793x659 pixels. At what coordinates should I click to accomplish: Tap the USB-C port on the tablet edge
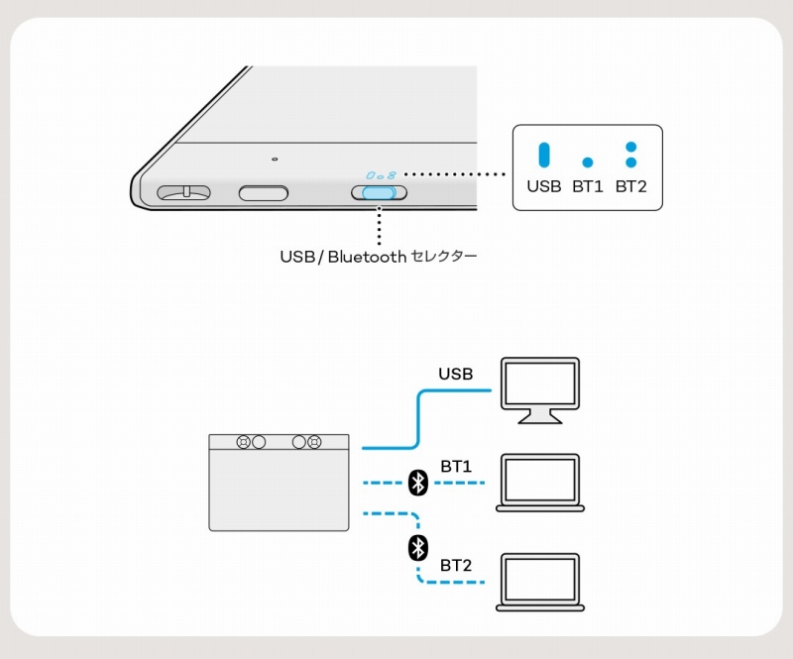(264, 191)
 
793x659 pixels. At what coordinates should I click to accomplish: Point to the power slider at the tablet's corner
(184, 190)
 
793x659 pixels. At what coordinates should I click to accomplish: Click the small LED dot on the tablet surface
(275, 159)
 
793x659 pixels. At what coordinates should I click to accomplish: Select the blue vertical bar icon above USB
(543, 156)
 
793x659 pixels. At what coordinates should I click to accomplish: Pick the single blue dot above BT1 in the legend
(588, 162)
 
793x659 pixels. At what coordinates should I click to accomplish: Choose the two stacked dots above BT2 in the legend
(630, 154)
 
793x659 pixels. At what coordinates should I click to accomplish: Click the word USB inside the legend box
(543, 186)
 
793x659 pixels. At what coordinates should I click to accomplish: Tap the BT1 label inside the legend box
(588, 186)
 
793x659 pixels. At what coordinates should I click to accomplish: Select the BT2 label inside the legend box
(631, 186)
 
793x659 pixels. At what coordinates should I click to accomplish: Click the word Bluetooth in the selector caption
(367, 257)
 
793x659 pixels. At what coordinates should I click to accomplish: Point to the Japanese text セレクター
(444, 258)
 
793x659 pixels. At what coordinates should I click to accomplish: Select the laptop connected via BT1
(540, 483)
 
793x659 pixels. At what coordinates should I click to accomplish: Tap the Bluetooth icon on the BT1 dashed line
(418, 483)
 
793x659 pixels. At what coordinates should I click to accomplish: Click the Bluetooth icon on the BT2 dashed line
(418, 547)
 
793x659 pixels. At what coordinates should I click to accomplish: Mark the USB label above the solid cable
(456, 374)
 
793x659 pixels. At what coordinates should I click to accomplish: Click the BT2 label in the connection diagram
(456, 565)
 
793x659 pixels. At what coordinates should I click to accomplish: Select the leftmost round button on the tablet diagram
(243, 442)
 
